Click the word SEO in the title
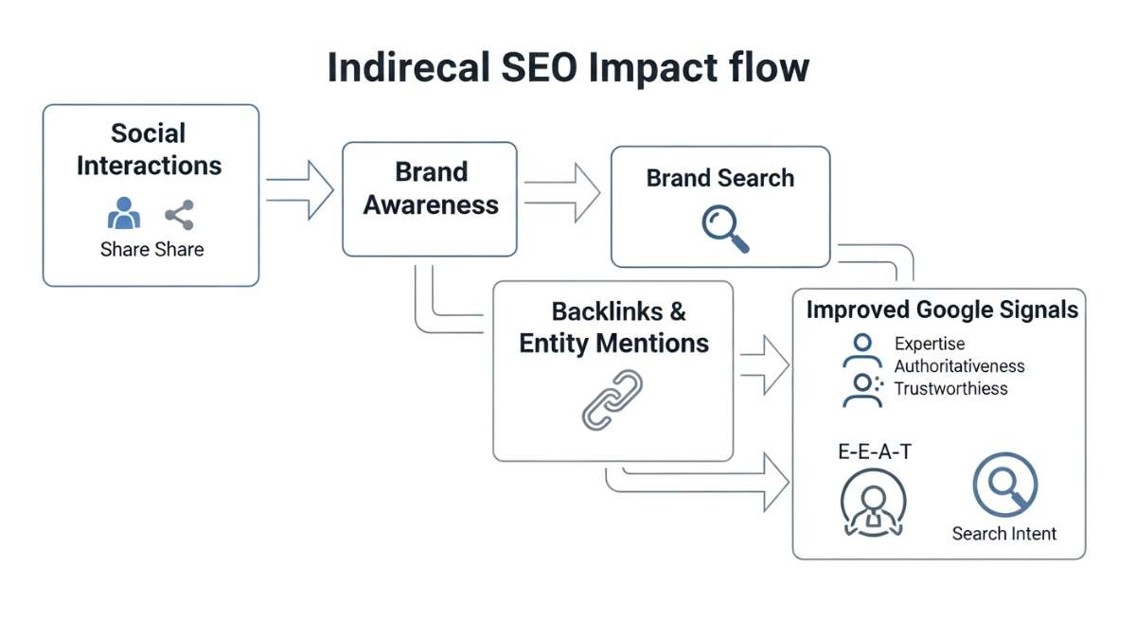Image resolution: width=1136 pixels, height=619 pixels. pyautogui.click(x=538, y=68)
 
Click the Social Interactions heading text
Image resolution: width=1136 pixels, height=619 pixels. pyautogui.click(x=149, y=149)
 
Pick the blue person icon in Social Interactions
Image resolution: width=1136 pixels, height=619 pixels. pyautogui.click(x=123, y=214)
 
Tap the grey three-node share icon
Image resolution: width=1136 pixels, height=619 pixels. pyautogui.click(x=179, y=215)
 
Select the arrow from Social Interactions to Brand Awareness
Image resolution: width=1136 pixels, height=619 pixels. pyautogui.click(x=300, y=189)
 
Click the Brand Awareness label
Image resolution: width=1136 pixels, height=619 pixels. pyautogui.click(x=431, y=188)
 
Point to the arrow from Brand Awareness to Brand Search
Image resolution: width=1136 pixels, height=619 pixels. pyautogui.click(x=562, y=191)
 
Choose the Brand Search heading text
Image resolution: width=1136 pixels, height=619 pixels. pyautogui.click(x=719, y=178)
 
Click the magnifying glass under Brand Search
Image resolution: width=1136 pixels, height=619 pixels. pyautogui.click(x=725, y=229)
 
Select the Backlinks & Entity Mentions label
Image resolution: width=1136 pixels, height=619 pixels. pyautogui.click(x=614, y=327)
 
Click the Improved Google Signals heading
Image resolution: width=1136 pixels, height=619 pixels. pyautogui.click(x=941, y=310)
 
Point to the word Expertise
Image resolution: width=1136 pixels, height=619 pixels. pyautogui.click(x=930, y=344)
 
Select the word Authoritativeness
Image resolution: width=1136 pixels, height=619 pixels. pyautogui.click(x=959, y=366)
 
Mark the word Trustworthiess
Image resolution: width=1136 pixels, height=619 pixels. pyautogui.click(x=950, y=389)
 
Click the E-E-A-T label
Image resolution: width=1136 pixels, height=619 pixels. pyautogui.click(x=874, y=452)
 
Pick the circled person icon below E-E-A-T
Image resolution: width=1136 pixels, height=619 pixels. pyautogui.click(x=873, y=502)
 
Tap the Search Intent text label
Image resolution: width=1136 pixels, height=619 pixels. pyautogui.click(x=1003, y=534)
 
